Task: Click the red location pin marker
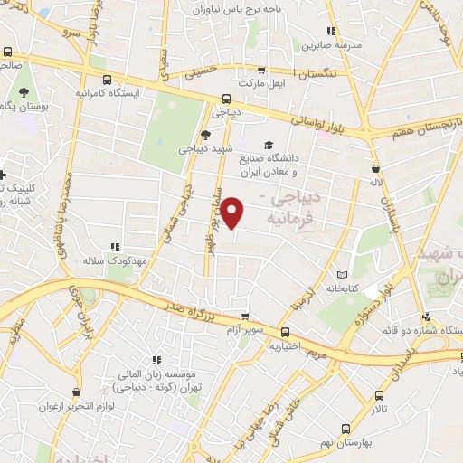click(232, 212)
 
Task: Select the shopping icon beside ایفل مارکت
click(262, 69)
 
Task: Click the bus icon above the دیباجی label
click(225, 99)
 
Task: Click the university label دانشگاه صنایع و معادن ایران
click(283, 164)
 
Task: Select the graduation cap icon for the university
click(269, 145)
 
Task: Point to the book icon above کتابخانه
click(341, 275)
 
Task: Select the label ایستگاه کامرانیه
click(107, 93)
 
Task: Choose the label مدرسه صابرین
click(330, 44)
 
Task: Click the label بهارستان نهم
click(343, 444)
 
